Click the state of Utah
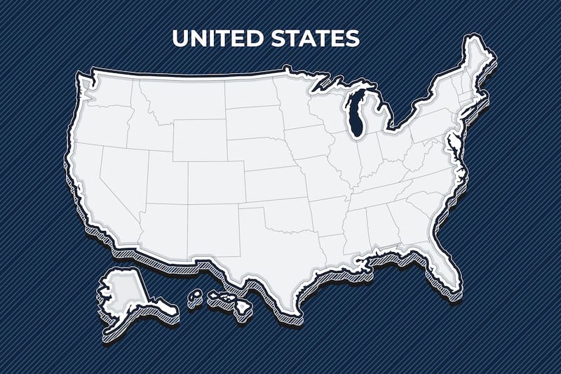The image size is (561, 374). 165,175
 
